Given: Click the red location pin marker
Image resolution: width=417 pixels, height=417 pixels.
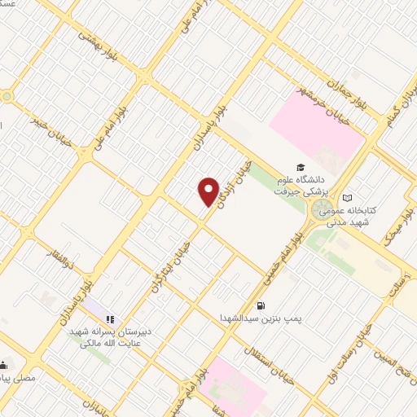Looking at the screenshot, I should click(209, 191).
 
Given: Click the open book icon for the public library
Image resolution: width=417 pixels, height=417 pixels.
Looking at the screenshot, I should click(348, 198).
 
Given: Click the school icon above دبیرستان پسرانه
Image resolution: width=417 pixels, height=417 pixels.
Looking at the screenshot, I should click(112, 319).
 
